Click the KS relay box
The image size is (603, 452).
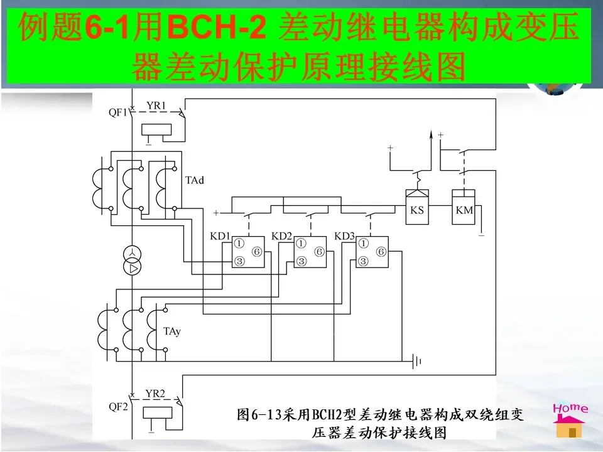point(417,210)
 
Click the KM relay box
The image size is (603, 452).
point(464,210)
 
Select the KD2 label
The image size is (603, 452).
point(282,236)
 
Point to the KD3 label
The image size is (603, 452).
point(344,236)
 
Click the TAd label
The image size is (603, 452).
point(195,181)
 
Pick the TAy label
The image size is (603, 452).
point(172,331)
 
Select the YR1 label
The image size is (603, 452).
point(156,106)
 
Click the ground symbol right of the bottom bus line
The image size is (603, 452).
point(416,360)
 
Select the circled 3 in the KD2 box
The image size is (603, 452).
point(301,261)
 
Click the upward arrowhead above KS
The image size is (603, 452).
point(431,134)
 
